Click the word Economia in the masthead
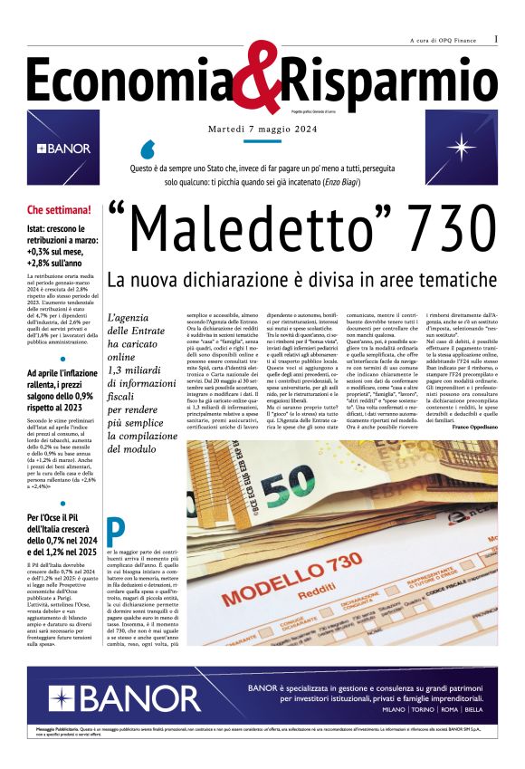(135, 80)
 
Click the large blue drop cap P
(114, 531)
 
